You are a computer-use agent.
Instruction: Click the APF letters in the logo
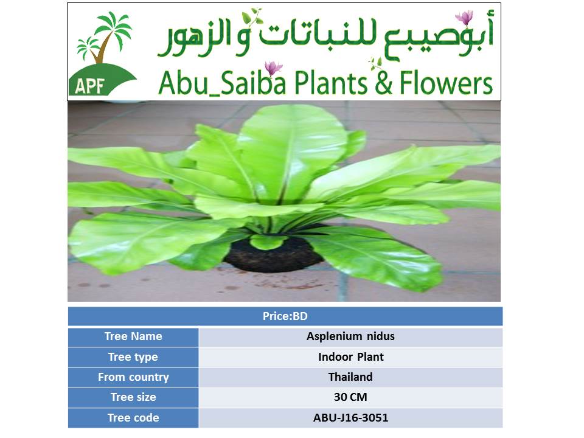89,86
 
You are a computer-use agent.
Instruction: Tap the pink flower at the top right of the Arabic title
464,18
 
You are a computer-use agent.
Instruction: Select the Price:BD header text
285,316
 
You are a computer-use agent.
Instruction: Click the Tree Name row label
133,336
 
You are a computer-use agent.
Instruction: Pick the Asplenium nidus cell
350,336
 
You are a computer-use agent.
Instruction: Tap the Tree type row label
133,357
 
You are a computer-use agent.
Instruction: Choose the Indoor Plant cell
351,357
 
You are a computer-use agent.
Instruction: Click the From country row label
133,377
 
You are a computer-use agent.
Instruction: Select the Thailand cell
350,377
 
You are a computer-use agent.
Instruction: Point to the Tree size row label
133,397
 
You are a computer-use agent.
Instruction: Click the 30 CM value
350,397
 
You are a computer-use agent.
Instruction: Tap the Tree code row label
133,417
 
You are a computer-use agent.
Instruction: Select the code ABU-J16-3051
351,417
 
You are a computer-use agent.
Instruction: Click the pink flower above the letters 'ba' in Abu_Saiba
274,68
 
